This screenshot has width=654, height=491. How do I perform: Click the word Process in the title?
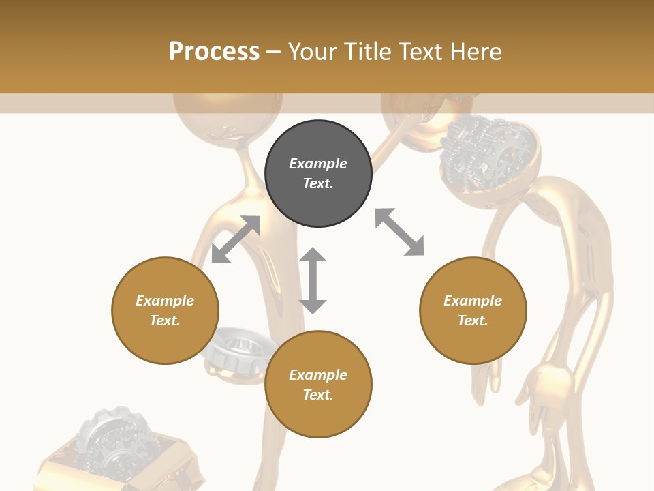pyautogui.click(x=214, y=52)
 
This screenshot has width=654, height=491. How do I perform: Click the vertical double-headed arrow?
pyautogui.click(x=313, y=280)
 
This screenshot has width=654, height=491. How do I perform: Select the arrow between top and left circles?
pyautogui.click(x=236, y=239)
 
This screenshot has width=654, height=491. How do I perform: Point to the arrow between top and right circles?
pyautogui.click(x=399, y=232)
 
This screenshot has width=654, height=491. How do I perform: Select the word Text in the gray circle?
pyautogui.click(x=318, y=184)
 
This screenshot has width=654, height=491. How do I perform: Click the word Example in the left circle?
pyautogui.click(x=165, y=301)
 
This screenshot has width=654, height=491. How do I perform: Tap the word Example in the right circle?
pyautogui.click(x=473, y=301)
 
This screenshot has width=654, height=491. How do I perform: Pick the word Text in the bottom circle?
pyautogui.click(x=318, y=395)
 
